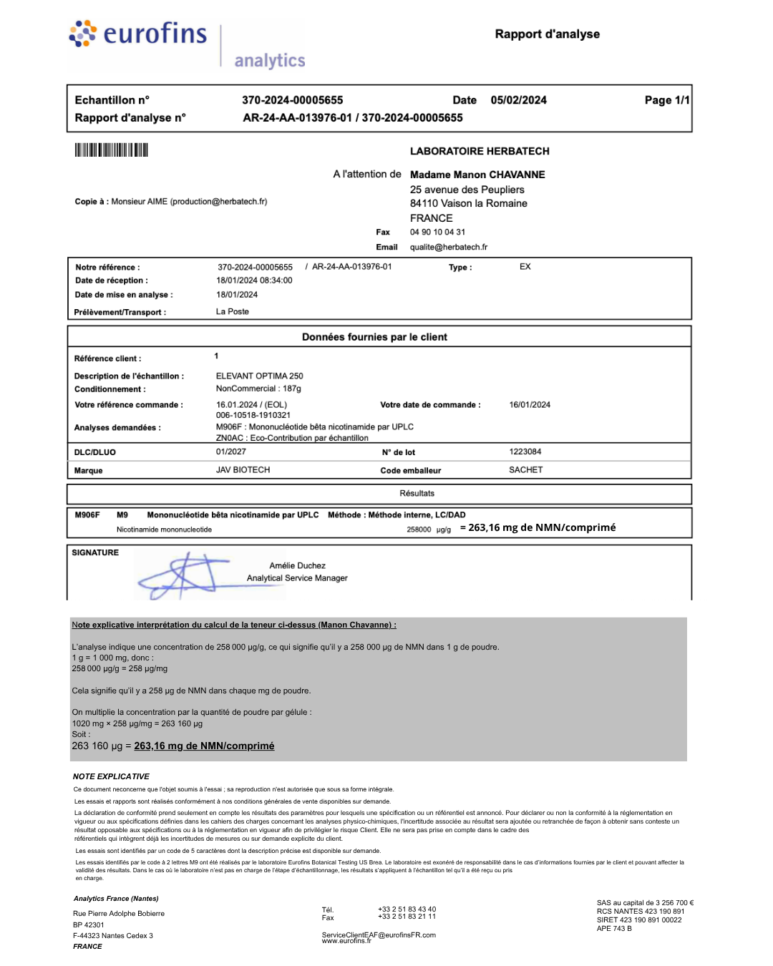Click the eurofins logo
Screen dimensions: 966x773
(137, 34)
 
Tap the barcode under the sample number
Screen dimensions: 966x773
(111, 150)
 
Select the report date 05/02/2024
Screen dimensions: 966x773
(518, 100)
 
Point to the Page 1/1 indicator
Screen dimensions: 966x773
(666, 100)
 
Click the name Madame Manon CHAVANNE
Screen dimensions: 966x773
(477, 175)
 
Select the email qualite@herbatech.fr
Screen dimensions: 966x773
(449, 247)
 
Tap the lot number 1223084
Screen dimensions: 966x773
(525, 452)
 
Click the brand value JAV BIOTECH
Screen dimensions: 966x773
(243, 470)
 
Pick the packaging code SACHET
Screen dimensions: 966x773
(526, 470)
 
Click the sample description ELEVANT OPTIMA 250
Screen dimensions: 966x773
(260, 376)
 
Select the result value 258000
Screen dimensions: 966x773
(419, 530)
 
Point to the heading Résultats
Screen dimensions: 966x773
(417, 493)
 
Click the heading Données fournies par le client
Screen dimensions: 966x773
(374, 337)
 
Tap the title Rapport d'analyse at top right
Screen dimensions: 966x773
(548, 34)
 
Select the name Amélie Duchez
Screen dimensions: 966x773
(297, 565)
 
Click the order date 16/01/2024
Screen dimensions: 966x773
(530, 405)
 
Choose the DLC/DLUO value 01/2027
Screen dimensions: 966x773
(231, 452)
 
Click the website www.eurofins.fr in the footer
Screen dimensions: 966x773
(346, 941)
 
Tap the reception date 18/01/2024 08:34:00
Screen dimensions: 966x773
(254, 280)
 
